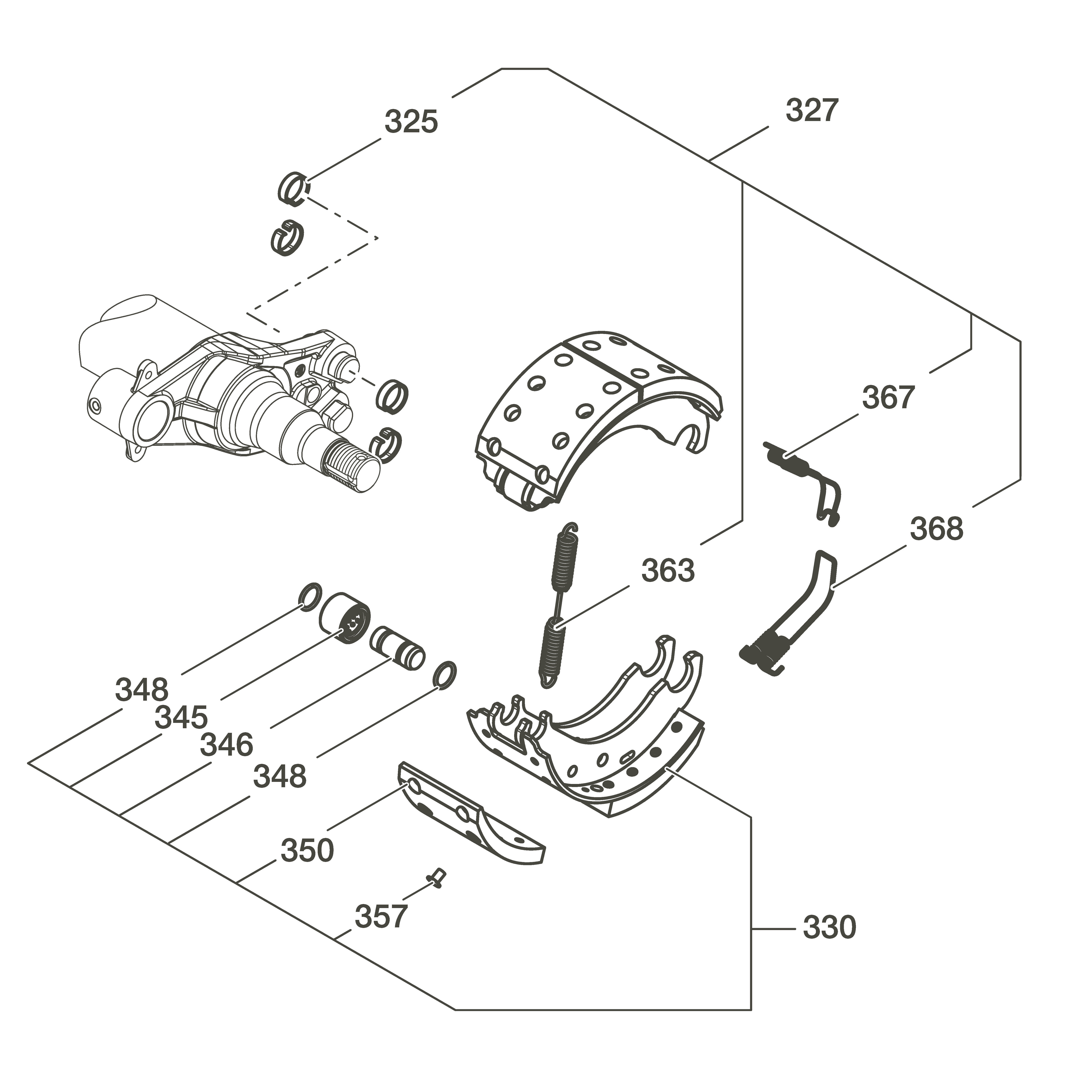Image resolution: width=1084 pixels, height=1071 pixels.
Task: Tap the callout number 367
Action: pos(888,397)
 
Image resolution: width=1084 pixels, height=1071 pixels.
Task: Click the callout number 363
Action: pos(668,571)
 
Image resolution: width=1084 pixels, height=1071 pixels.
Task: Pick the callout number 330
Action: pos(829,927)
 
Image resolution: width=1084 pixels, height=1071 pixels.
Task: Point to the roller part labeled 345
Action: pos(345,620)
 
